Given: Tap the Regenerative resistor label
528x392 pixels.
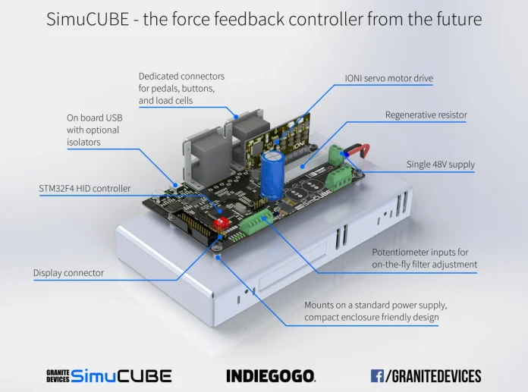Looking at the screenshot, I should coord(426,115).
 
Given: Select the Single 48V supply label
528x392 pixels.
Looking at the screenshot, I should coord(439,165).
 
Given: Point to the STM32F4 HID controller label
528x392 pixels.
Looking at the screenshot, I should coord(85,188).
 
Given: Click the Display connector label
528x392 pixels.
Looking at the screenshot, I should coord(68,273).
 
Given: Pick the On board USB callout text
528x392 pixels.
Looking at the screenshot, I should coord(94,130).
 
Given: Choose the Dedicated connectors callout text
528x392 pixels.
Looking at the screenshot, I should coord(181,88).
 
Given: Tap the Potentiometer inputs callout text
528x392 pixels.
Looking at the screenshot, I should coord(424,259).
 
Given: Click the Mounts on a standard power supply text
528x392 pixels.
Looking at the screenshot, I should coord(376,311).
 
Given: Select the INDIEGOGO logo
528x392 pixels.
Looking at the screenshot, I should coord(271,375).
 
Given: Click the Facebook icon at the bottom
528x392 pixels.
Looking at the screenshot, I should coord(377,375).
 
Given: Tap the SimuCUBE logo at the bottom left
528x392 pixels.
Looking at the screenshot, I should coord(109,375).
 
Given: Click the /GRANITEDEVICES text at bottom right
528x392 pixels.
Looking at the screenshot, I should coord(433,375).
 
